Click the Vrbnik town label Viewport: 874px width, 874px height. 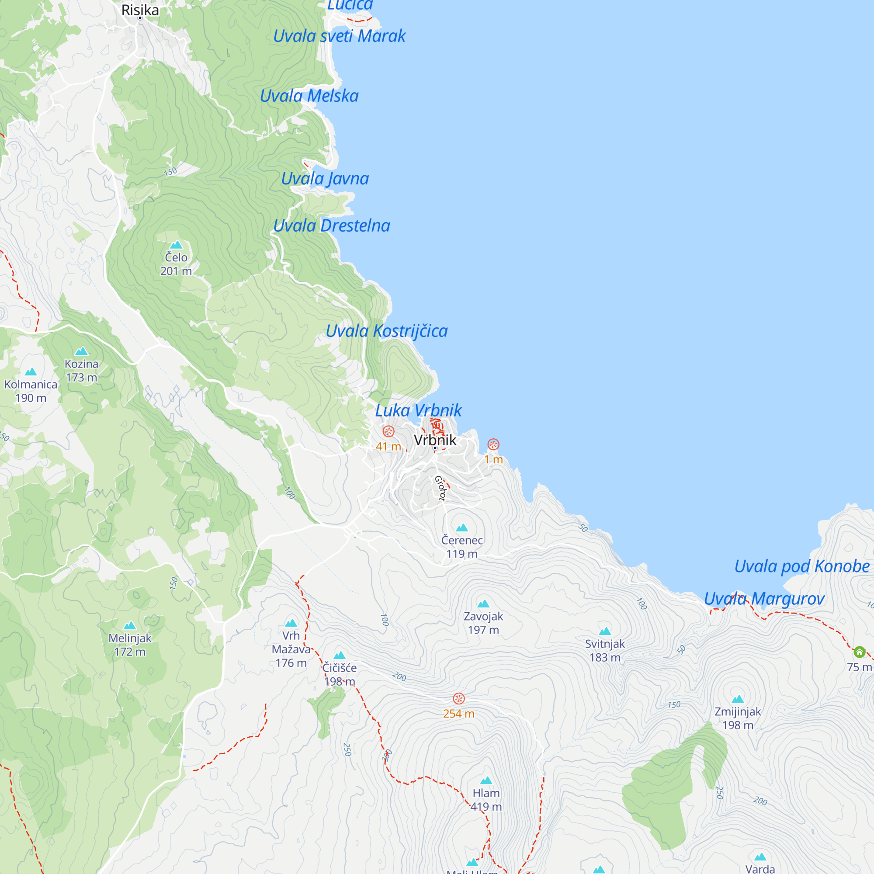[x=435, y=440]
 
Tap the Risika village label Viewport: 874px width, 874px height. [x=140, y=10]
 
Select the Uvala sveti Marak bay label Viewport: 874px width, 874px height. [x=339, y=36]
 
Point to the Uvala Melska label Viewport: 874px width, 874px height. [x=309, y=96]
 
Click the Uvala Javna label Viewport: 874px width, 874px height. [x=325, y=179]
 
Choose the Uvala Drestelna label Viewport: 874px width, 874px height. [x=332, y=226]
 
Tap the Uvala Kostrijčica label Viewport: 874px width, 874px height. [x=387, y=331]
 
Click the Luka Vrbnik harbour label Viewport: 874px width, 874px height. [x=419, y=411]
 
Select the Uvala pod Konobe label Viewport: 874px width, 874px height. [x=801, y=566]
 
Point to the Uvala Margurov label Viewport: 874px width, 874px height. [x=764, y=599]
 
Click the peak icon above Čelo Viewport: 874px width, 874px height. [x=176, y=245]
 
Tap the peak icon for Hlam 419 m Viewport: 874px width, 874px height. [x=486, y=780]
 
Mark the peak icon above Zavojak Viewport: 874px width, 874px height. [x=483, y=603]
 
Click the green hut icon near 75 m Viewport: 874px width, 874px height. [x=860, y=652]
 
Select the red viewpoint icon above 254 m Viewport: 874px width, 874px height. [x=459, y=698]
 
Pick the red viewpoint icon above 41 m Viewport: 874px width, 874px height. [x=388, y=431]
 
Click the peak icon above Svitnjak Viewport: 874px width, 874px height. [x=605, y=631]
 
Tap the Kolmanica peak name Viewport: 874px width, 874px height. [x=31, y=385]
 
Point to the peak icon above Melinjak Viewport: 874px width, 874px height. [x=130, y=626]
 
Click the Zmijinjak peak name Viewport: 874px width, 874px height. [x=737, y=711]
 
